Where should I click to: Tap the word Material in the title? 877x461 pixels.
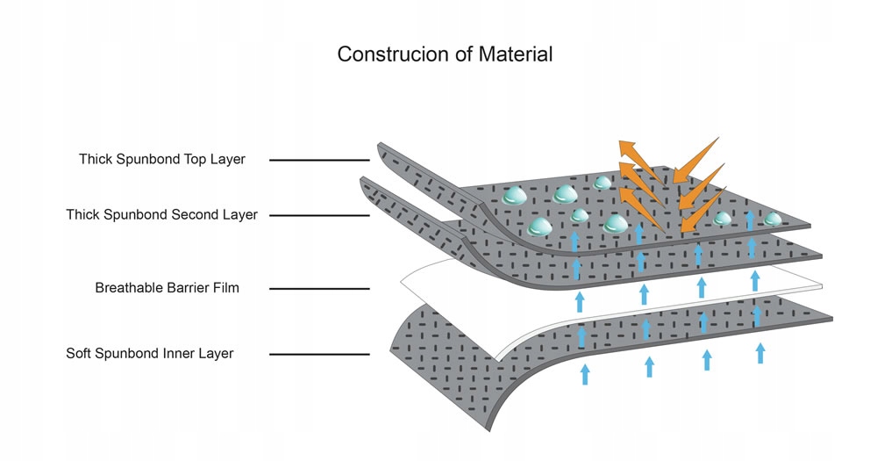pos(516,54)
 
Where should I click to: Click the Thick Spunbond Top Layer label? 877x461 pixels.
pos(162,160)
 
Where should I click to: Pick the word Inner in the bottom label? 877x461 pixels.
pos(181,354)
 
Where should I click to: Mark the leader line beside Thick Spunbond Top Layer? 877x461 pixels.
pos(319,160)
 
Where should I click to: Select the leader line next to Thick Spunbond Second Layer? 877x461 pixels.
pos(319,215)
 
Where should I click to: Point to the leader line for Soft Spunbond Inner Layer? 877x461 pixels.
pos(319,355)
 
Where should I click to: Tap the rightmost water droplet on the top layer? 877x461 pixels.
pos(773,219)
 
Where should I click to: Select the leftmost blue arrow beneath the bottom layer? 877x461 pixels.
pos(585,374)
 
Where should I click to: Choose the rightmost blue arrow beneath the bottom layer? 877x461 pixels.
pos(760,353)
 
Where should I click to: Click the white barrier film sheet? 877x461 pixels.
pos(456,281)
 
